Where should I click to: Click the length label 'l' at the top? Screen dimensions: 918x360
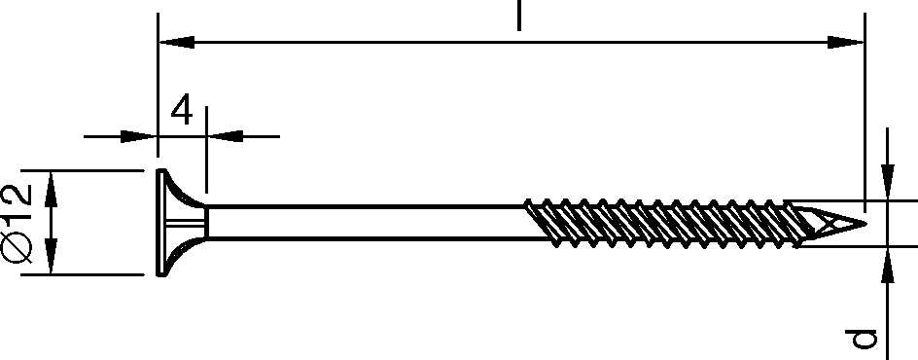[518, 16]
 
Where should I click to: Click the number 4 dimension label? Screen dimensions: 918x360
[182, 110]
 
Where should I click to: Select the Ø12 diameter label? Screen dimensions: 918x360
[17, 223]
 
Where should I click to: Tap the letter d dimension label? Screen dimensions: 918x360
[861, 339]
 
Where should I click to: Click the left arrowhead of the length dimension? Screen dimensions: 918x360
[177, 42]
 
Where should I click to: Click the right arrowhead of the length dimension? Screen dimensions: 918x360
[845, 42]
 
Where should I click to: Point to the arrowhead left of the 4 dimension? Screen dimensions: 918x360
[139, 136]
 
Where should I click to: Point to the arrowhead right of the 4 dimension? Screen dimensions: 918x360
[225, 136]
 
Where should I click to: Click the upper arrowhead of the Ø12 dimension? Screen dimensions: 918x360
[51, 189]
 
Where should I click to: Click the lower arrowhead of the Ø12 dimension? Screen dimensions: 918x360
[51, 256]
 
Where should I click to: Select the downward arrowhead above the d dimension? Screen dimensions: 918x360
[888, 182]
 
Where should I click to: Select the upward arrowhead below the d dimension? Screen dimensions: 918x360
[888, 265]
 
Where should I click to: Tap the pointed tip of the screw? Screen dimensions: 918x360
[865, 223]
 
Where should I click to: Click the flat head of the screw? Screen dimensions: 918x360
[159, 223]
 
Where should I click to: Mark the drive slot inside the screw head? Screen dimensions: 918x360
[185, 223]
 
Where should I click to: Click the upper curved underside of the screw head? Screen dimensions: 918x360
[182, 192]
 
